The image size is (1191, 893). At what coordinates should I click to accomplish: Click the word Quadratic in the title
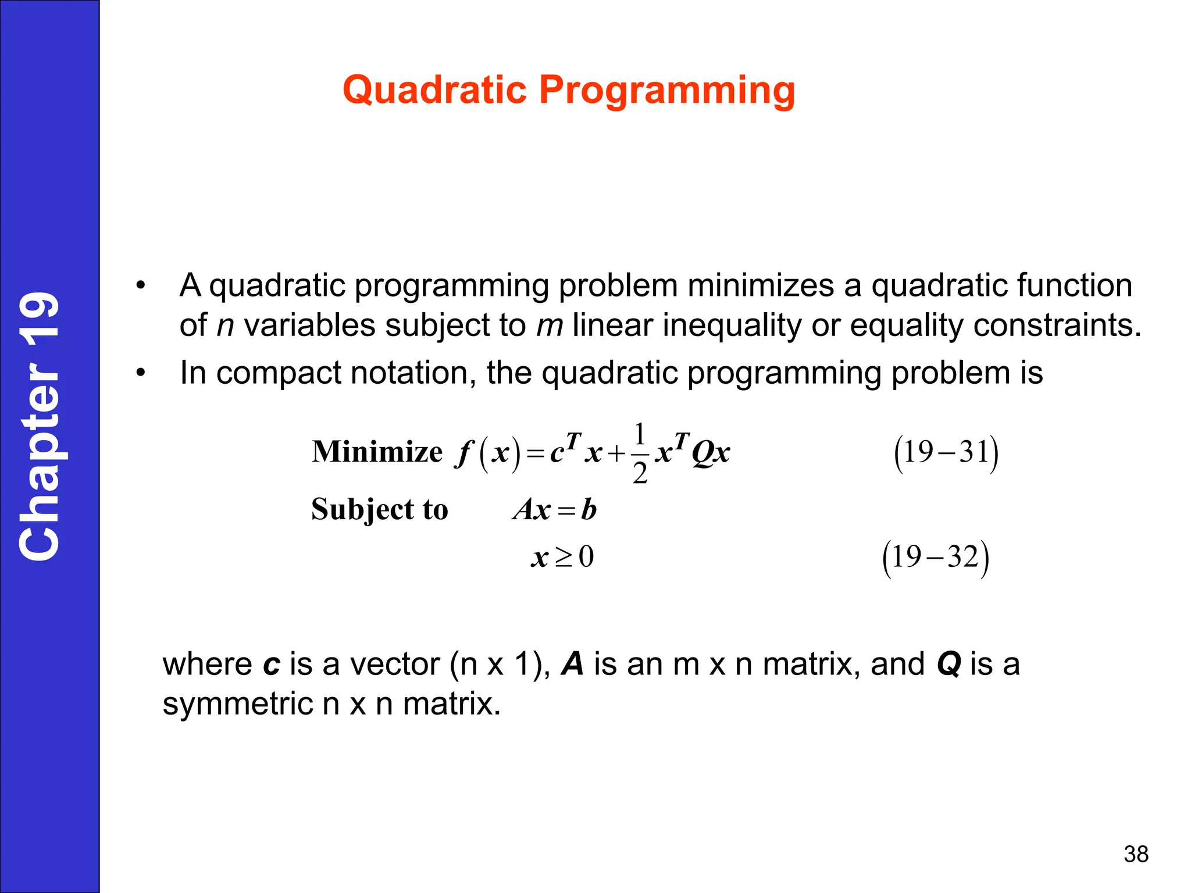[435, 90]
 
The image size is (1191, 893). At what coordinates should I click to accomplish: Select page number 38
[1136, 854]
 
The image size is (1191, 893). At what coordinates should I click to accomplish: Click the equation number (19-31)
[946, 453]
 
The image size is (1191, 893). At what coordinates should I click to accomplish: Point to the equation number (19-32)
[935, 558]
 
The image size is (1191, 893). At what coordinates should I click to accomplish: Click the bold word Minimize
[377, 452]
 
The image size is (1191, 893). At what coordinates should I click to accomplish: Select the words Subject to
[380, 509]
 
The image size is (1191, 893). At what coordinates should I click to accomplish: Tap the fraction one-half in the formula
[640, 453]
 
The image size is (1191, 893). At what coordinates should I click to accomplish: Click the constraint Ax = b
[555, 510]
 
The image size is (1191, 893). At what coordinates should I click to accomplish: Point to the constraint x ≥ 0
[562, 557]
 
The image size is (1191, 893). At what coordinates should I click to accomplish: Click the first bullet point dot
[140, 285]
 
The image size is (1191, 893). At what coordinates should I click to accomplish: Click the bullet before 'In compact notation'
[140, 373]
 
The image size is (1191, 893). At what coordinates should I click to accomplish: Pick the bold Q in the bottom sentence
[948, 665]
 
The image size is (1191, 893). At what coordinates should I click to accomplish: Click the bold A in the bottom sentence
[572, 664]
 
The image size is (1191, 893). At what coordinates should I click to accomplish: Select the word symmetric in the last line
[238, 704]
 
